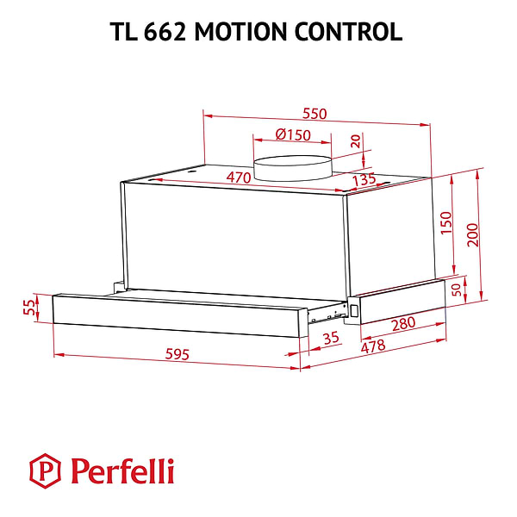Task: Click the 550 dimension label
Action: pos(315,114)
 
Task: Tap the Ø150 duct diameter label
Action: pos(293,134)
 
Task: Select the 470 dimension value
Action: pos(238,178)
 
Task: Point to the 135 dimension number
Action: pos(364,180)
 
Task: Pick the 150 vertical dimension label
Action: pos(445,222)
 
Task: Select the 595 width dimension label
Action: pos(176,355)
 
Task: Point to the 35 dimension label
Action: pos(331,338)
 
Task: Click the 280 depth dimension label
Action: pos(402,324)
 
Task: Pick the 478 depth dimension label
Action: pos(371,346)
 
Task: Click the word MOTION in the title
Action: pos(243,32)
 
